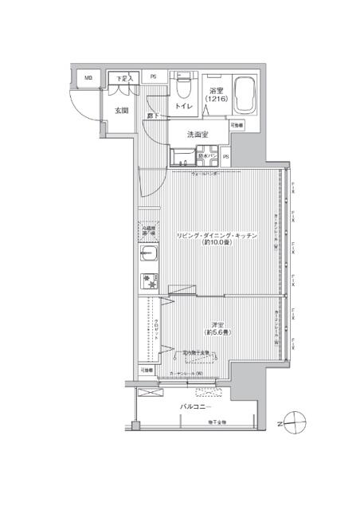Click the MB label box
(x=89, y=78)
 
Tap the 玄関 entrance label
(x=122, y=111)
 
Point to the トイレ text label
(x=183, y=104)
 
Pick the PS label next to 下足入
(x=154, y=77)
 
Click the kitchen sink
(x=149, y=254)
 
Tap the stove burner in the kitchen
(x=149, y=281)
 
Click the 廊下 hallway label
(x=151, y=117)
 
